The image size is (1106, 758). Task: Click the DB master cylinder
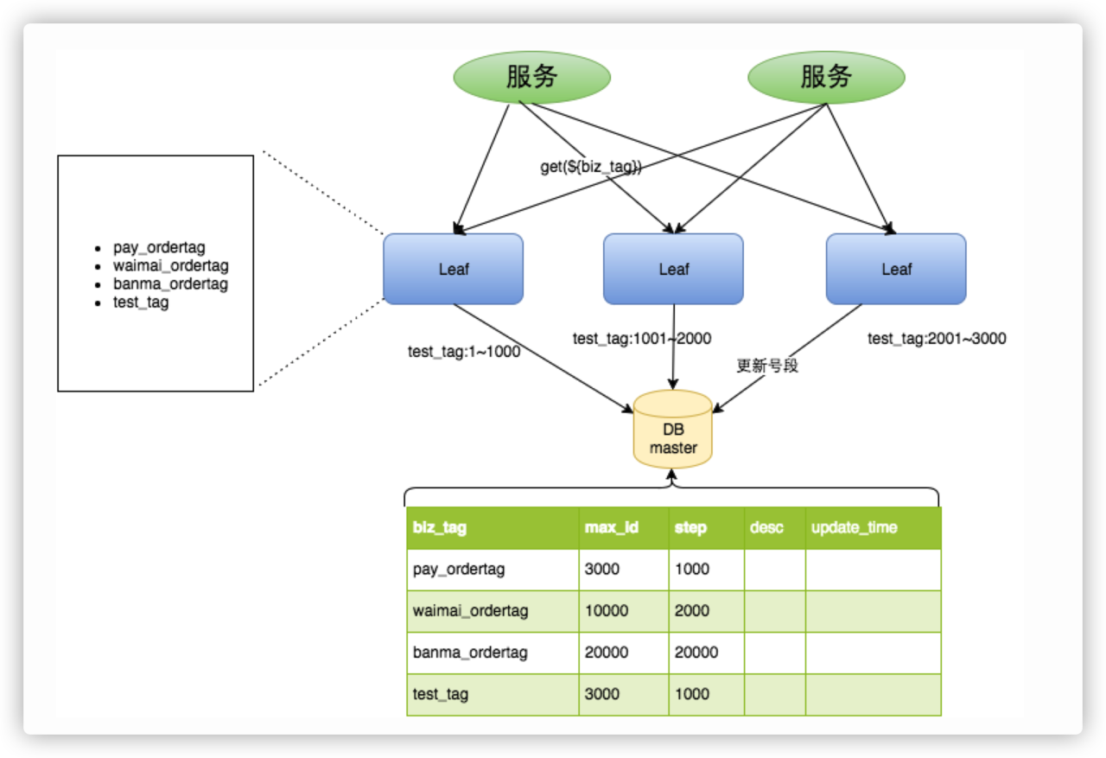(x=672, y=430)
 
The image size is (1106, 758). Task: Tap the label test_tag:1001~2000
(x=641, y=339)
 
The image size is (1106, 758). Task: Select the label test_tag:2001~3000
(x=937, y=339)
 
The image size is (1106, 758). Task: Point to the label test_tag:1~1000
(x=464, y=352)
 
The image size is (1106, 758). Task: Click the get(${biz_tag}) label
(x=591, y=168)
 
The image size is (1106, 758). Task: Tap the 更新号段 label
(x=767, y=366)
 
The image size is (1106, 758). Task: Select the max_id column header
(x=612, y=527)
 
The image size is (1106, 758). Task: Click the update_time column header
(x=854, y=527)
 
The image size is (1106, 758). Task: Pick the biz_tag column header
(x=440, y=527)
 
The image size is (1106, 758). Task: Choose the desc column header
(x=766, y=527)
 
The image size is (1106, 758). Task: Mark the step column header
(x=690, y=527)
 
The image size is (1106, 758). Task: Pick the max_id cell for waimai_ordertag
(x=607, y=611)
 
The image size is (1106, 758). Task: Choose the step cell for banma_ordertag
(x=696, y=653)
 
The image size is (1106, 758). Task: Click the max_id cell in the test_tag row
(x=602, y=694)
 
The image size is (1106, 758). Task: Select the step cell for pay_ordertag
(x=691, y=570)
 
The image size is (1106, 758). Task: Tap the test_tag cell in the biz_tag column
(x=441, y=694)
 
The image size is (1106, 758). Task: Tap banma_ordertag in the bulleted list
(x=170, y=284)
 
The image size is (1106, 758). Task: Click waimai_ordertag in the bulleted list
(x=170, y=266)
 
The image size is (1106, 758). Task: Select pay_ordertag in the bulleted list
(x=159, y=248)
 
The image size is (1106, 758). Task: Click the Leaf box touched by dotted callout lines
(x=453, y=269)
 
